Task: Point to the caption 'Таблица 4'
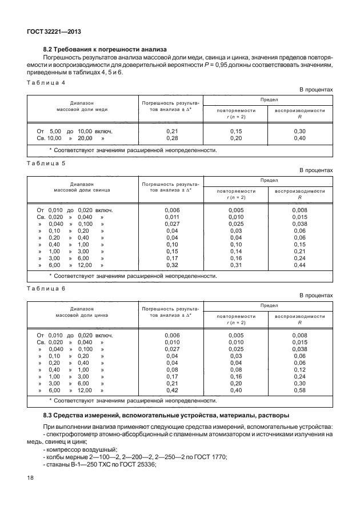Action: (x=46, y=83)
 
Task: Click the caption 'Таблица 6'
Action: (x=46, y=288)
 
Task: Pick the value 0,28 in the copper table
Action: (x=171, y=138)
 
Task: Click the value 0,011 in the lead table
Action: (x=172, y=217)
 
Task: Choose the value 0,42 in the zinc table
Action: (x=172, y=390)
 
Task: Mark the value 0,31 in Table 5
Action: (x=235, y=265)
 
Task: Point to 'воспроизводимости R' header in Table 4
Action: (x=299, y=113)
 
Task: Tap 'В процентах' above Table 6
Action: (x=316, y=296)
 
